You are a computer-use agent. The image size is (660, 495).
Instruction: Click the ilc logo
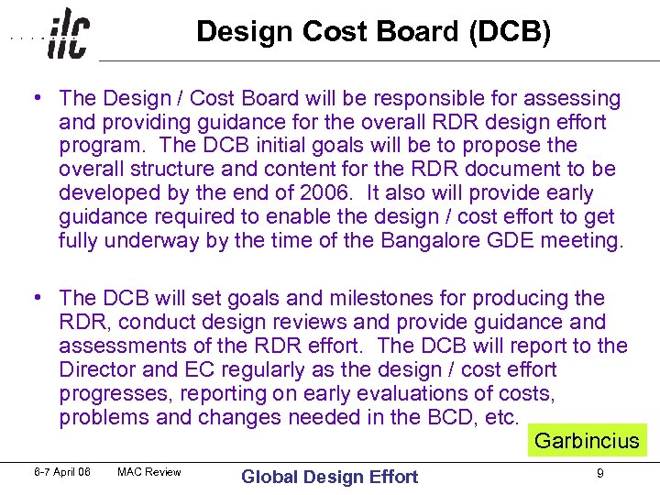click(x=69, y=35)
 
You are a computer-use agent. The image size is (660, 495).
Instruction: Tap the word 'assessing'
click(x=576, y=98)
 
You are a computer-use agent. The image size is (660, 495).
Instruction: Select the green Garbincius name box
click(x=587, y=440)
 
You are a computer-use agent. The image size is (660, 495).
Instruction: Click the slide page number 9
click(x=599, y=474)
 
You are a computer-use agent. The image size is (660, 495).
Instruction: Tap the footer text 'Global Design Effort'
click(x=329, y=476)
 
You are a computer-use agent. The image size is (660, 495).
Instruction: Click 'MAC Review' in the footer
click(x=149, y=472)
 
